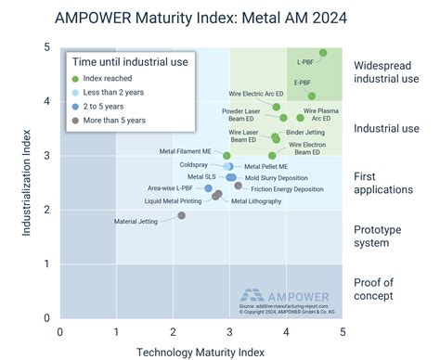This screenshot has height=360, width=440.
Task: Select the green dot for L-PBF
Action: (323, 53)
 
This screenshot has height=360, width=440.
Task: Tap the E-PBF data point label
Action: (302, 83)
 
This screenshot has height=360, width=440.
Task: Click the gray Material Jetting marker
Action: (181, 215)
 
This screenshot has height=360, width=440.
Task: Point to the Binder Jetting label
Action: (305, 133)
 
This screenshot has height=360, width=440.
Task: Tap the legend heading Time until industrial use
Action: (130, 61)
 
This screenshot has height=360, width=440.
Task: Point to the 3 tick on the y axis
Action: (49, 155)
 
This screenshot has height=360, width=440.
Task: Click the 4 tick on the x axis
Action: (287, 331)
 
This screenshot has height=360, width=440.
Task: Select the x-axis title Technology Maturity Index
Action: (201, 351)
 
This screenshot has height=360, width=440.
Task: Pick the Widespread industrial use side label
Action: (386, 73)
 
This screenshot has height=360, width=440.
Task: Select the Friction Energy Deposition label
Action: (288, 188)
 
